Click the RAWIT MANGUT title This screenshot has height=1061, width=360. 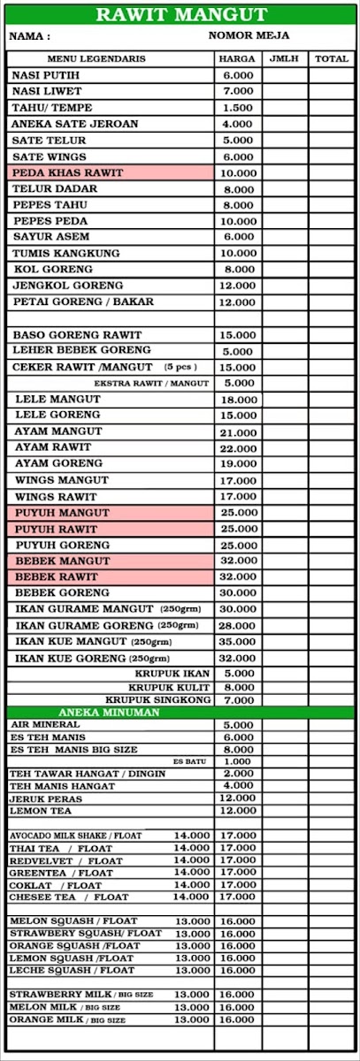[x=180, y=14]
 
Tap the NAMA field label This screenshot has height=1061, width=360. [x=29, y=37]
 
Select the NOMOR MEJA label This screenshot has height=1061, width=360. [x=249, y=35]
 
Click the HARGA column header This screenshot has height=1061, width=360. [x=238, y=59]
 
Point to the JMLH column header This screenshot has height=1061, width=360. [x=285, y=59]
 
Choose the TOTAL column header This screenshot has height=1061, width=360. [x=332, y=59]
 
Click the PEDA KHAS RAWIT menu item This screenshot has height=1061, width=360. [x=67, y=172]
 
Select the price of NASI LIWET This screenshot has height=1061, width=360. [x=238, y=91]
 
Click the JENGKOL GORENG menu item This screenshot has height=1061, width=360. [x=64, y=286]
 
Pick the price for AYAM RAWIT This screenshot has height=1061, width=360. [x=238, y=448]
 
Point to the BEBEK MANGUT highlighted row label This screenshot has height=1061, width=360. [x=63, y=561]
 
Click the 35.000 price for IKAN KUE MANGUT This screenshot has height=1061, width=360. [x=238, y=642]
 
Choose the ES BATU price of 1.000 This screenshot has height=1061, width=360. [x=238, y=761]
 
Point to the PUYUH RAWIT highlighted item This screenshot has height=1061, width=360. [x=60, y=529]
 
